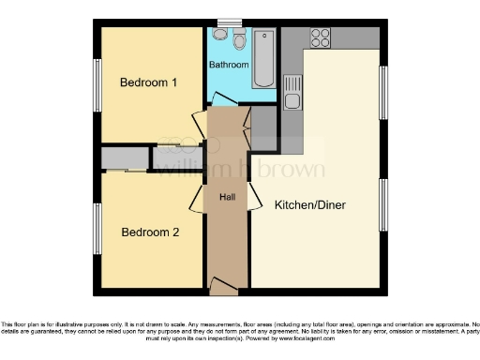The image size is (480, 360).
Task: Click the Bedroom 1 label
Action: pos(148,82)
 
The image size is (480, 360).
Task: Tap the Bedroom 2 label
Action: pos(148,232)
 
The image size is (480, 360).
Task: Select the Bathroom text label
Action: pos(229,66)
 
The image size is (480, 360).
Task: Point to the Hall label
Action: pos(227,198)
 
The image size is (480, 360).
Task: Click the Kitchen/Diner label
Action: pos(310,204)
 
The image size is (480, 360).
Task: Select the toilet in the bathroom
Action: pos(219,35)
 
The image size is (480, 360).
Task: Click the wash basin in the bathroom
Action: pos(239,40)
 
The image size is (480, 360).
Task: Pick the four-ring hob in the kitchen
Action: pos(320,37)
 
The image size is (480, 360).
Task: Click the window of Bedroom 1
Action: pos(97,85)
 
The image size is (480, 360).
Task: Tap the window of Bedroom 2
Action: pos(97,228)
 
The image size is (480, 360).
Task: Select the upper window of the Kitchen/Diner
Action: pos(382,92)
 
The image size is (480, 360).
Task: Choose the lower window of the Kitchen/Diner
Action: pos(382,204)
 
